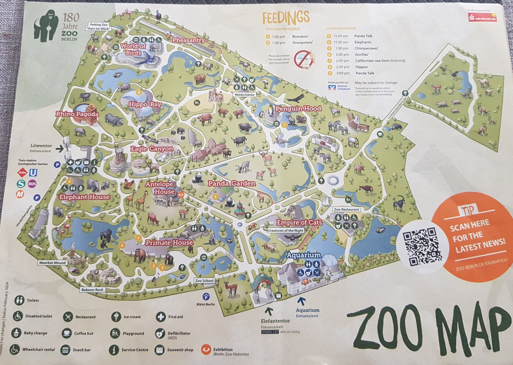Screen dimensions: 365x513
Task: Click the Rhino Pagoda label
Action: click(x=77, y=114)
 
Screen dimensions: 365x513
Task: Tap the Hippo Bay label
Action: click(x=145, y=104)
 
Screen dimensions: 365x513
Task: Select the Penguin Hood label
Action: click(x=298, y=109)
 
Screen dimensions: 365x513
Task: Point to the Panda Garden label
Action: click(x=231, y=184)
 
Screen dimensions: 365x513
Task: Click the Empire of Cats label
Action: click(x=299, y=222)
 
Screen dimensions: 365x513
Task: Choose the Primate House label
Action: click(x=169, y=243)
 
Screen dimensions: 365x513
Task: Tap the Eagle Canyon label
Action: click(x=152, y=149)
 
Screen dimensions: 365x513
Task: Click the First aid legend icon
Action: click(x=161, y=317)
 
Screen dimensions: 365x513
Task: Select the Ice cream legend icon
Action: click(x=116, y=317)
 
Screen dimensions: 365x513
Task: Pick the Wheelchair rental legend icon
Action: click(x=14, y=349)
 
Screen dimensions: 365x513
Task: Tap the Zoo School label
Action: click(x=204, y=281)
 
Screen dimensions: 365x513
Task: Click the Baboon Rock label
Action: click(x=92, y=290)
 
